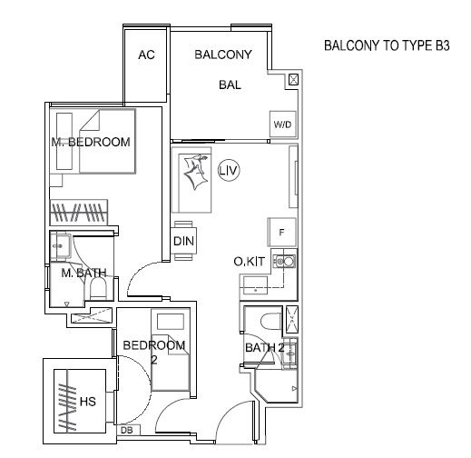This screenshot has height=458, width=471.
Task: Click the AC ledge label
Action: click(x=146, y=55)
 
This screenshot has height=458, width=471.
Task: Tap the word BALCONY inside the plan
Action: click(x=223, y=55)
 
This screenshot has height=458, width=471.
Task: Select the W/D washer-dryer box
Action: click(x=282, y=124)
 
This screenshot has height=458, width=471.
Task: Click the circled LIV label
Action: click(x=229, y=170)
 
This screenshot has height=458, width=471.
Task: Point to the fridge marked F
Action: click(x=281, y=232)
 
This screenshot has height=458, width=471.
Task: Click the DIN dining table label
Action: click(x=183, y=242)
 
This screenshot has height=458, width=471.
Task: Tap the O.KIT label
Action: click(x=250, y=262)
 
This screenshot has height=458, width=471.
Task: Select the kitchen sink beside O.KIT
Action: click(x=284, y=261)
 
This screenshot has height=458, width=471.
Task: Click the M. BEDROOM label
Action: click(x=91, y=142)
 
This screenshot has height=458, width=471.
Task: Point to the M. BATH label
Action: click(x=83, y=273)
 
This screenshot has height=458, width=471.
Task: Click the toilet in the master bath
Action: click(x=98, y=288)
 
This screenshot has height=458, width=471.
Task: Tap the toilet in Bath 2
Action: click(x=270, y=322)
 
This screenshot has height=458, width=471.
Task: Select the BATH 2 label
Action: click(x=265, y=347)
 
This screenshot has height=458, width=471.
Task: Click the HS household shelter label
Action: click(x=88, y=402)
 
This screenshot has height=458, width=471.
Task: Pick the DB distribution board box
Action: click(x=129, y=430)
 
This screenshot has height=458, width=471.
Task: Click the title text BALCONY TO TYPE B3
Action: click(x=387, y=45)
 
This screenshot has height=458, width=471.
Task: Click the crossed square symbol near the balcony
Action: click(x=293, y=80)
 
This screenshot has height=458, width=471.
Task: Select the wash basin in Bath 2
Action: click(x=289, y=353)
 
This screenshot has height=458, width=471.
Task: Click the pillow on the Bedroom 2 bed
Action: click(x=171, y=322)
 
